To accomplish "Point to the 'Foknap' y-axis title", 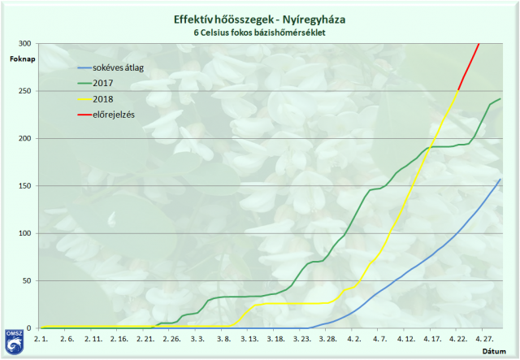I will point(22,59).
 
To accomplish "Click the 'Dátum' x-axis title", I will point(494,350).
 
